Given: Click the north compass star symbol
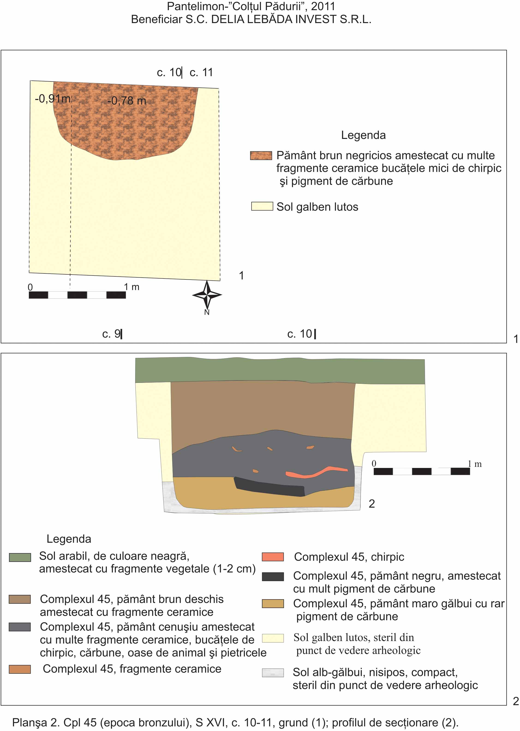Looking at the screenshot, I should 207,295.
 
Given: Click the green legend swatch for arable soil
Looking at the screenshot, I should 20,557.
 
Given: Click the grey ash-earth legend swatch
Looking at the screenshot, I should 20,627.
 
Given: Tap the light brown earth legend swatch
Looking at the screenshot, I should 20,599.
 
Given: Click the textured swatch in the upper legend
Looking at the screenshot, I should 261,156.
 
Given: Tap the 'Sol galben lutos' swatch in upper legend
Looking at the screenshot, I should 262,206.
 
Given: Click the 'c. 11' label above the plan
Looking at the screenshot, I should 201,72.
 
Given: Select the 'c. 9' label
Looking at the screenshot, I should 111,334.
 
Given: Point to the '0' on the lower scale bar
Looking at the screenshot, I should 374,464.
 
